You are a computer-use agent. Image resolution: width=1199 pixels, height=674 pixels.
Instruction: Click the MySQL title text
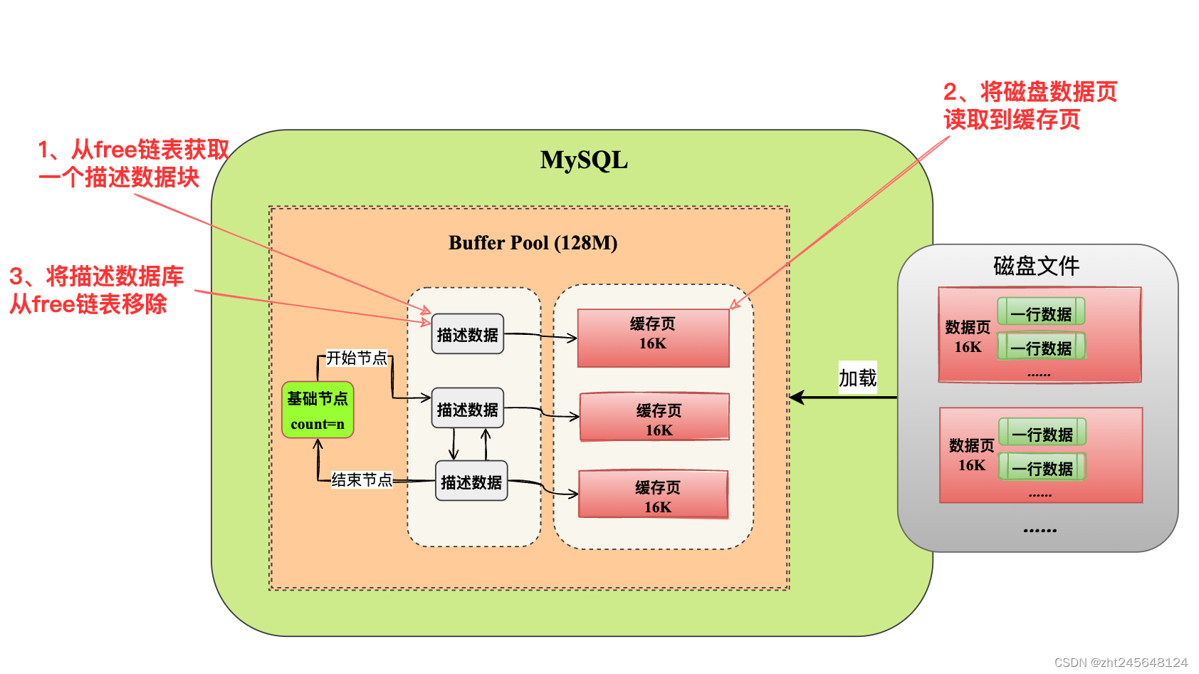coord(584,160)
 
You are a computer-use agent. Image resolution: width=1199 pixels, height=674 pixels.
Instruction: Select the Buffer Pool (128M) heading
coord(533,243)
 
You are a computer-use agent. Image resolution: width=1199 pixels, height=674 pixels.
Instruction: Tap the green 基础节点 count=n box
coord(318,410)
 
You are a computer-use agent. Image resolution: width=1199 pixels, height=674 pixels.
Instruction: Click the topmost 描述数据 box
coord(467,334)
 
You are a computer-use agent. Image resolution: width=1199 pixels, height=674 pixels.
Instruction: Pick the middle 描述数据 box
coord(467,409)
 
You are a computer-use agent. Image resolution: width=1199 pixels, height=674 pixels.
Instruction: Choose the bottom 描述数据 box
coord(471,482)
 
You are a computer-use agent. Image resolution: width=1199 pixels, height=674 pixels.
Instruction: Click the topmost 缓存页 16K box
coord(653,338)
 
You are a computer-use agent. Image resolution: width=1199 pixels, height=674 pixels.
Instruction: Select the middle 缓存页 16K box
coord(655,418)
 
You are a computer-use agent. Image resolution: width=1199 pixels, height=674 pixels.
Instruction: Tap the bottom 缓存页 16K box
coord(653,494)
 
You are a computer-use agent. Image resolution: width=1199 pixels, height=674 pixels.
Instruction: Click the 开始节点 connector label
coord(356,358)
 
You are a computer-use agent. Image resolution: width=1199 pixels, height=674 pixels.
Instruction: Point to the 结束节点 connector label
coord(362,479)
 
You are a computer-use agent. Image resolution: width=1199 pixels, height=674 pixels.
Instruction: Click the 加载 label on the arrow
coord(857,378)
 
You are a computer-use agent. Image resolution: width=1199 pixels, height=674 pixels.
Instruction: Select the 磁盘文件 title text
coord(1036,266)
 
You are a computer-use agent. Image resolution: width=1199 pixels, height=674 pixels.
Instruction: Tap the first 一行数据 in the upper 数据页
coord(1041,313)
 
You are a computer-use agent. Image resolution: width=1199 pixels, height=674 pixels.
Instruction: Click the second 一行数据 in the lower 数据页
coord(1042,468)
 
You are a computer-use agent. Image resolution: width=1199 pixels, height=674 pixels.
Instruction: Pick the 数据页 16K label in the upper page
coord(968,337)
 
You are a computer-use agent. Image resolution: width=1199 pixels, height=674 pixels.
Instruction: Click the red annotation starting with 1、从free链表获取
coord(133,163)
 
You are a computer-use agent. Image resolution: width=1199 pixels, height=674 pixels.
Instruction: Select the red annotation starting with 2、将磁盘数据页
coord(1030,105)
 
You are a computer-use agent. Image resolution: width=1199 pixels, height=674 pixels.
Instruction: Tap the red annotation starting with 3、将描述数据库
coord(96,290)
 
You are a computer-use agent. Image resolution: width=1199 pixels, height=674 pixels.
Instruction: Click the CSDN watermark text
coord(1121,662)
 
